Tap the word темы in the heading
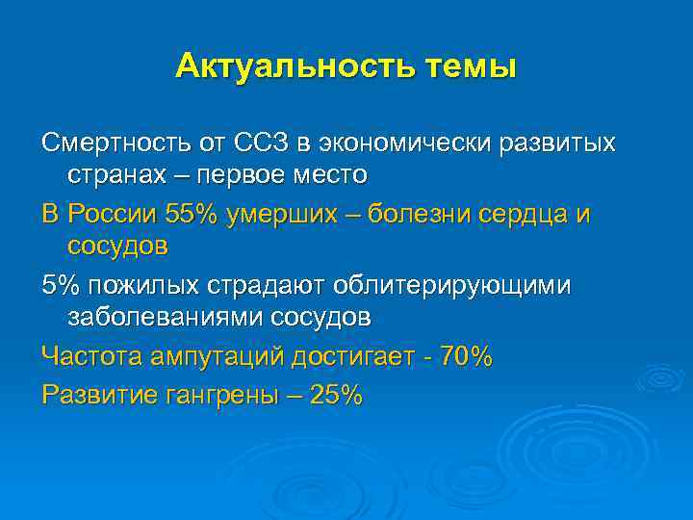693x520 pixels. click(471, 66)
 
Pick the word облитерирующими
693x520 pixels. click(451, 285)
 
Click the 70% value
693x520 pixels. click(465, 356)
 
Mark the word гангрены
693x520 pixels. click(227, 394)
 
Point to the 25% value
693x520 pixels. click(336, 394)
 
